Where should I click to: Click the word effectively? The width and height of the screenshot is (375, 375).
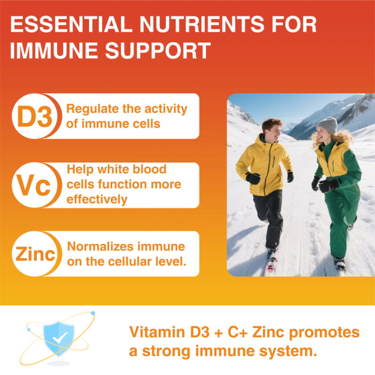(97, 199)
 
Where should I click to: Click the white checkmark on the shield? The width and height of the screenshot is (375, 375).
(60, 336)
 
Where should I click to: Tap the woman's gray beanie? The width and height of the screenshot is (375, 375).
(327, 125)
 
